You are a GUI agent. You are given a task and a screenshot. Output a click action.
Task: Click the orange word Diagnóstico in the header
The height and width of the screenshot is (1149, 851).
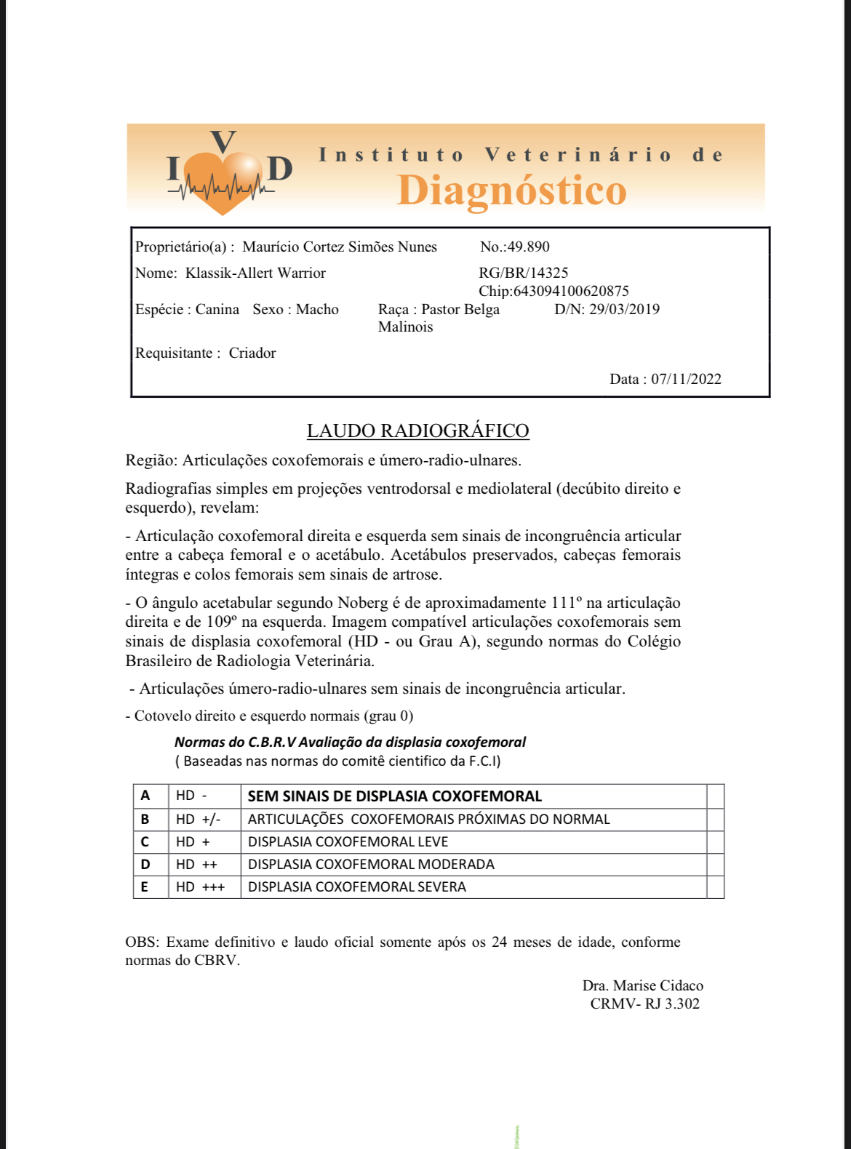[511, 191]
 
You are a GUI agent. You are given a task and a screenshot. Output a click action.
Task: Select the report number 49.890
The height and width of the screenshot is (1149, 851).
[528, 247]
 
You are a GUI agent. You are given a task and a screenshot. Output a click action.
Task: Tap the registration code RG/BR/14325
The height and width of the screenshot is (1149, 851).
[523, 273]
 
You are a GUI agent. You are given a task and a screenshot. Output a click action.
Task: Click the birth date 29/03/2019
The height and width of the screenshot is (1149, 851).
[624, 309]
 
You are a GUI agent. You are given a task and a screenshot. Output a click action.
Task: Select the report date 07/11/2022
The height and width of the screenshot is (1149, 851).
[686, 379]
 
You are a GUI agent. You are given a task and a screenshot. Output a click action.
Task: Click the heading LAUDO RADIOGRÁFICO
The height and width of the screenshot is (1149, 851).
[417, 431]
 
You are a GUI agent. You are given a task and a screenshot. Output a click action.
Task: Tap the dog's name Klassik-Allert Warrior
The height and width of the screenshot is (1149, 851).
[255, 273]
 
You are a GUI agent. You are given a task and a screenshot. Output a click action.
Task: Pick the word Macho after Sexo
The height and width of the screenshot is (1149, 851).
[317, 309]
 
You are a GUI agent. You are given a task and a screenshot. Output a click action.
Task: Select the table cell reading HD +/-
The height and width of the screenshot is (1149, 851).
[198, 819]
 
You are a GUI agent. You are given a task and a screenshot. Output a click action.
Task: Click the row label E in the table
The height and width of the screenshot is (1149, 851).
[145, 886]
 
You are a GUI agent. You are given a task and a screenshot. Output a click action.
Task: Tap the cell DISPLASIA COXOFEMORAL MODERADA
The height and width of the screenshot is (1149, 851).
[371, 864]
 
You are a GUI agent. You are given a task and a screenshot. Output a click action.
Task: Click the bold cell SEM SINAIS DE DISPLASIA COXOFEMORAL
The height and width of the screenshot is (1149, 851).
[394, 796]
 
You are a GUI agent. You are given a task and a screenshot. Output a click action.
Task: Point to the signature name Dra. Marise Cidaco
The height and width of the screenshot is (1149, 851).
[642, 985]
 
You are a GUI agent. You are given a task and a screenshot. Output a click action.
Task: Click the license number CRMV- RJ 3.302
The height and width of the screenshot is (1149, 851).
[644, 1004]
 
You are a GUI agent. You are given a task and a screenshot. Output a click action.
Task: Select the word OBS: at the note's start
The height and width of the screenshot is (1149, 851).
[141, 942]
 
